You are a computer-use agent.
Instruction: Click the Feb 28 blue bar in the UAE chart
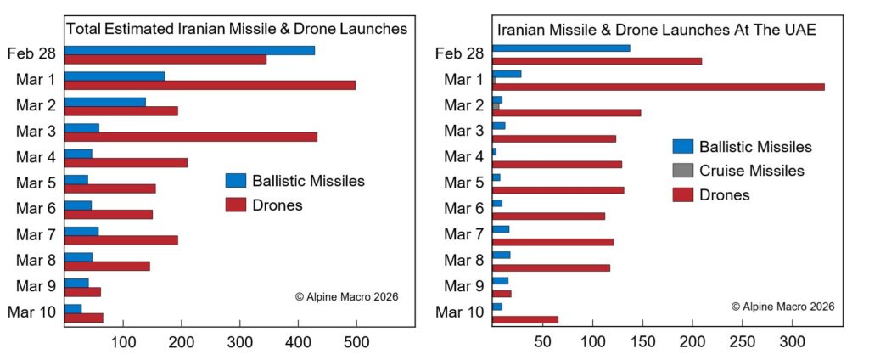(x=561, y=48)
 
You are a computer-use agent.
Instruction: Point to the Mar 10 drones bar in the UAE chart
(x=525, y=319)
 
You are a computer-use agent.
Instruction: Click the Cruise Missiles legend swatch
(x=683, y=171)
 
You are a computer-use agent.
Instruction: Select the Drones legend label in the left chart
(x=278, y=205)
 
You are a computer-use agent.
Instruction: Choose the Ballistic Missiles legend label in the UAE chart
(x=756, y=147)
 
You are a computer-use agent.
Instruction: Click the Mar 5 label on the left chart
(x=36, y=183)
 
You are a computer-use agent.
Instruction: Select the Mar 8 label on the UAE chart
(x=465, y=260)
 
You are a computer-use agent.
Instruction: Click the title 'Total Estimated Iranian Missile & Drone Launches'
(x=237, y=29)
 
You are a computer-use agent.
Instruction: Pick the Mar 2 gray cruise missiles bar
(x=496, y=106)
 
